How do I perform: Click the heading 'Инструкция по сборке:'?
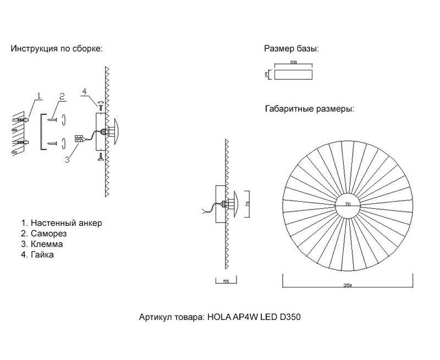tap(57, 48)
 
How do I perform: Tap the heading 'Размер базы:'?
tap(291, 48)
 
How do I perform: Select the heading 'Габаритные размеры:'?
tap(310, 108)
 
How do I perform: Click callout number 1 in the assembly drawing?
tap(39, 96)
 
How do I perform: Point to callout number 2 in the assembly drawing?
tap(62, 97)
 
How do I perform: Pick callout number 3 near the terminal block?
tap(67, 159)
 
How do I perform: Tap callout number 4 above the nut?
tap(85, 91)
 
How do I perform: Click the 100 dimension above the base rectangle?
tap(293, 62)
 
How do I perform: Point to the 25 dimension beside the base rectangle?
tap(267, 75)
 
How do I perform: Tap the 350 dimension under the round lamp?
tap(348, 285)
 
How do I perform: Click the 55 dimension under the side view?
tap(226, 281)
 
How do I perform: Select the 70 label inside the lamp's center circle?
tap(348, 204)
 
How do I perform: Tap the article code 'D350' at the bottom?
tap(290, 317)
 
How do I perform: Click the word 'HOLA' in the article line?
tap(219, 317)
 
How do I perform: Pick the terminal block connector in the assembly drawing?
tap(79, 139)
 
